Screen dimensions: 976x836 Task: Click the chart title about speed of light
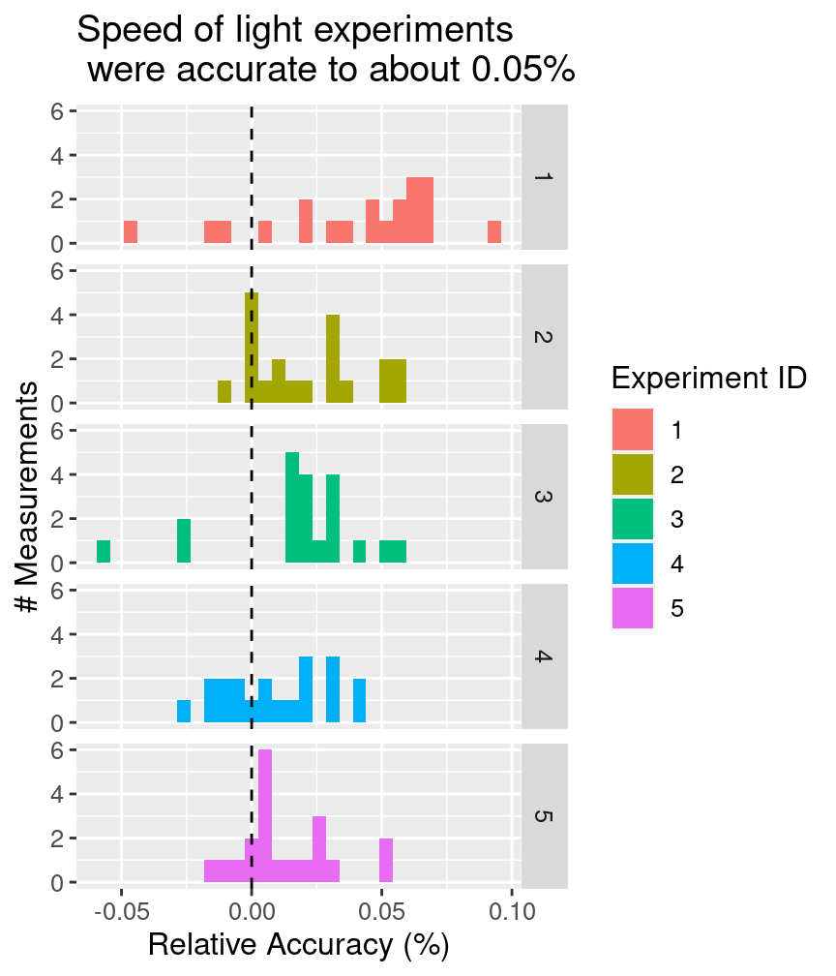(x=325, y=49)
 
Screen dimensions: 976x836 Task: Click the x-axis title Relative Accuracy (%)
(x=299, y=945)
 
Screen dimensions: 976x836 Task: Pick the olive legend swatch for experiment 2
(x=633, y=474)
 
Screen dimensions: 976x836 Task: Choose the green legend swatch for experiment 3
(x=633, y=519)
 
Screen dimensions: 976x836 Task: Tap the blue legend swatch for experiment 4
(x=633, y=564)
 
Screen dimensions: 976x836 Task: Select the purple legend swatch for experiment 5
(x=633, y=608)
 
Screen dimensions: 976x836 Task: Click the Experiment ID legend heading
(x=709, y=379)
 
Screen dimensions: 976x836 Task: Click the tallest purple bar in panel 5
(x=265, y=815)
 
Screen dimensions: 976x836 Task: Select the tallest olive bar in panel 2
(x=252, y=348)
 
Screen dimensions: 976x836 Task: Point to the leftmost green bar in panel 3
(x=104, y=552)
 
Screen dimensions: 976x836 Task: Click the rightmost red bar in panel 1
(x=494, y=232)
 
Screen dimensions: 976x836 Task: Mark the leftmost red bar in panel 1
(x=131, y=232)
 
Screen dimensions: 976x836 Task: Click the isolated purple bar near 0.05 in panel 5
(x=386, y=860)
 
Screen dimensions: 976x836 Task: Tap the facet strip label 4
(x=544, y=656)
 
